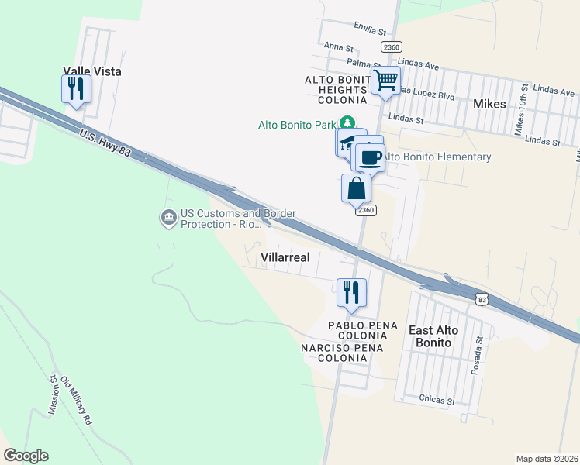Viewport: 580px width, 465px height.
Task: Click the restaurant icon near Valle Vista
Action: pos(76,89)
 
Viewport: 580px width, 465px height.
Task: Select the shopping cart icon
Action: pos(385,80)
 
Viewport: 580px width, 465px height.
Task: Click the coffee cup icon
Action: pos(370,157)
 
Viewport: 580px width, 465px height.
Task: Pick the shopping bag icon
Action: pos(356,188)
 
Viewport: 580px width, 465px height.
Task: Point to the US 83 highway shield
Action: pos(482,299)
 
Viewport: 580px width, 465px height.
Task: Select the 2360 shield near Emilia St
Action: pos(392,47)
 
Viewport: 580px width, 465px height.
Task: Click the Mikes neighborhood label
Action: pos(489,104)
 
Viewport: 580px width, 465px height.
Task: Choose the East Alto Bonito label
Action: pos(433,336)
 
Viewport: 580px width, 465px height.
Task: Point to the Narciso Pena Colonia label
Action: pos(344,353)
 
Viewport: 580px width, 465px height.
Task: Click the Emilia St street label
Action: pos(370,31)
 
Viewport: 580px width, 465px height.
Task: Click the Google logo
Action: pos(26,456)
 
